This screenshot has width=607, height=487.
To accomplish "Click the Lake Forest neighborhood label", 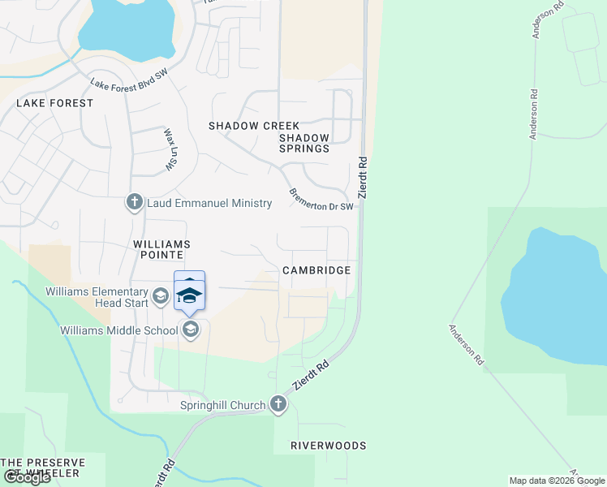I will (x=54, y=103).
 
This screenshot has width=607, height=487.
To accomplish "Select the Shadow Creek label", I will (x=254, y=126).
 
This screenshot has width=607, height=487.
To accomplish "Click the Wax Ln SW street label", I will (x=170, y=149).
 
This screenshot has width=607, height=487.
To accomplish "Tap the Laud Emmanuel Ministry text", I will (x=209, y=203).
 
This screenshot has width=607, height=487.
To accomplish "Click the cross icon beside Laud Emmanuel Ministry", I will (x=134, y=202).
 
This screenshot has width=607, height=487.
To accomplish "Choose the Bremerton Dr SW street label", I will (x=322, y=200).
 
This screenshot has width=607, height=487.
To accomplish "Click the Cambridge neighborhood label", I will (x=316, y=270).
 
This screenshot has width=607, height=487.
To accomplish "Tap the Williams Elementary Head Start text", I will (x=97, y=297).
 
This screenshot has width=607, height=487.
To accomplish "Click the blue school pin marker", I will (x=189, y=293).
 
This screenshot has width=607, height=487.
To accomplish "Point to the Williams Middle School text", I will (x=118, y=330).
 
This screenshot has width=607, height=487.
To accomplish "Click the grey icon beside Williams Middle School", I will (x=191, y=329).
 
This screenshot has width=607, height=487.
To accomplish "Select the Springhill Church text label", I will (x=223, y=405).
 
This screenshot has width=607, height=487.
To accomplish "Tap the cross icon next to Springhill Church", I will (x=278, y=404).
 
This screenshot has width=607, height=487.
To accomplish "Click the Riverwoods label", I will (x=329, y=446).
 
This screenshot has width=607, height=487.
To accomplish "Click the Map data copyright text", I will (x=557, y=481).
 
